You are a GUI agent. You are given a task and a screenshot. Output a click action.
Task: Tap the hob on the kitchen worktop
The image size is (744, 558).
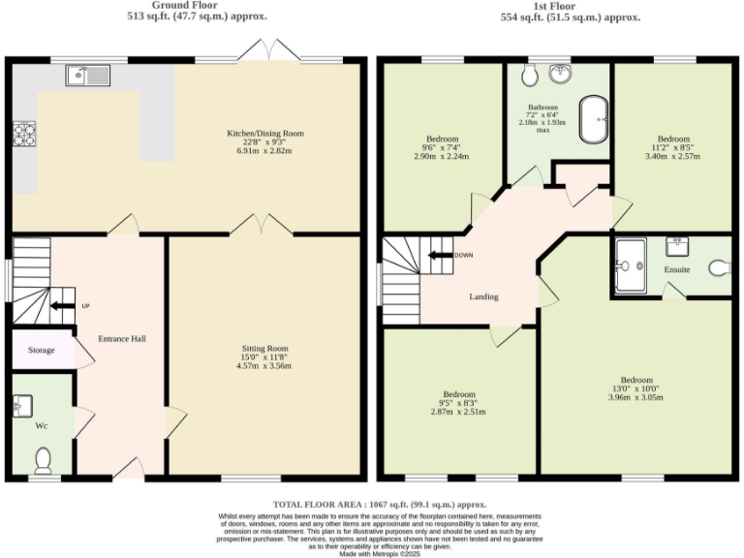coord(21,134)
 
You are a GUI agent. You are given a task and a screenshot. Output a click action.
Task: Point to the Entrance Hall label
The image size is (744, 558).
coord(122,339)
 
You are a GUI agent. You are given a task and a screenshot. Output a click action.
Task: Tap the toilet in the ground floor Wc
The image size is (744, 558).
coord(42,456)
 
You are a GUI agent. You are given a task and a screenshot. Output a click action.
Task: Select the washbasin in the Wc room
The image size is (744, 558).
coord(24,404)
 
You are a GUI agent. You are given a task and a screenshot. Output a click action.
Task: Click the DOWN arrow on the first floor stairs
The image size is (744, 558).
coord(443,256)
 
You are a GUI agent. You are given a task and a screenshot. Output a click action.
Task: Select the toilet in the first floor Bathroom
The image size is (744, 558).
coord(529,77)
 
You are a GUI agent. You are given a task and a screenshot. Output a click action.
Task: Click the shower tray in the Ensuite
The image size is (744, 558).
coord(635,264)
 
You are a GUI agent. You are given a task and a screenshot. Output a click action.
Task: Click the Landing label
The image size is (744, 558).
coord(483,296)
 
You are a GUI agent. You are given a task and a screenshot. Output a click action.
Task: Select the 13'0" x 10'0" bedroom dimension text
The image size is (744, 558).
coord(636,388)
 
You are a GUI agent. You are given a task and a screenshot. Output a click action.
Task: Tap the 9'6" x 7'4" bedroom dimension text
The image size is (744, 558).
coord(441,148)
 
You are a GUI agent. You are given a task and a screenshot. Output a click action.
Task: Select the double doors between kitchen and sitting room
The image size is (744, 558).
coord(261,226)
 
